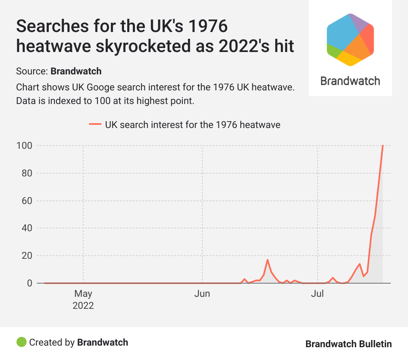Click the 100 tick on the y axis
coord(24,146)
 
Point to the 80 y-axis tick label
coord(26,173)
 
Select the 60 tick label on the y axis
coord(26,201)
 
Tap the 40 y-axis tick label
coord(26,228)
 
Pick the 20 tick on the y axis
coord(26,256)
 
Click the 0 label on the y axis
coord(29,283)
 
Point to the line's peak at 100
coord(383,146)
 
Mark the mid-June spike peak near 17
coord(268,260)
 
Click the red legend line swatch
coord(95,124)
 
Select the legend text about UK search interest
coord(192,124)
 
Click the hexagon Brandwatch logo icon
coord(350,39)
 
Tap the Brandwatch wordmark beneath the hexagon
coord(350,81)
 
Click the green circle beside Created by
coord(21,342)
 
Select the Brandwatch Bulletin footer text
coord(348,344)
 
